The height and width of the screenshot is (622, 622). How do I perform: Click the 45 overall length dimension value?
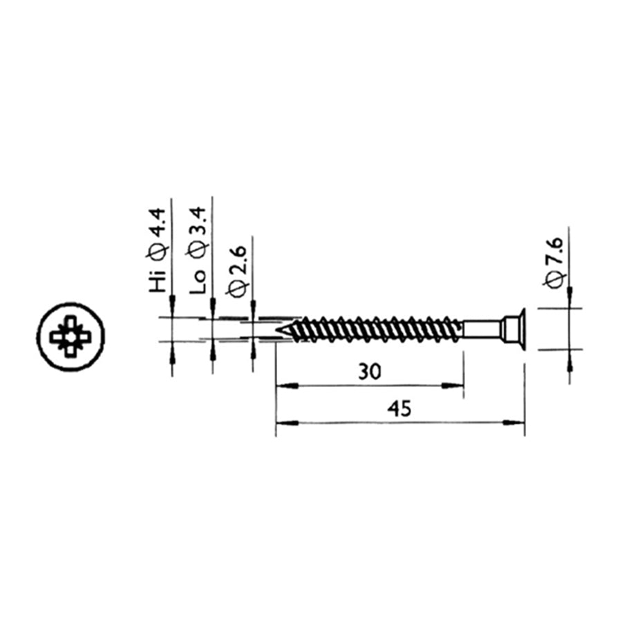coord(399,409)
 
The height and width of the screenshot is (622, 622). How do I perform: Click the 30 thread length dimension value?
coord(370,372)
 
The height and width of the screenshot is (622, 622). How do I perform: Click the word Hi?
coord(158,283)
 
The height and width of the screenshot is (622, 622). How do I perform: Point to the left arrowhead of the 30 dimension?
coord(283,384)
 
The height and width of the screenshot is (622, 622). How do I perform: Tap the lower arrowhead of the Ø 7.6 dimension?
coord(569,357)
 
